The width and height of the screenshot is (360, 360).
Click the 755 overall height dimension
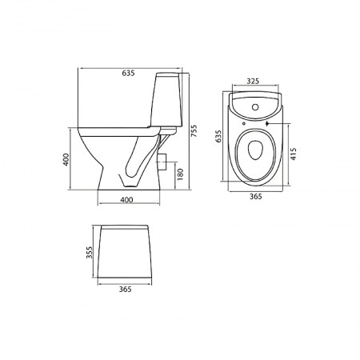[x=194, y=131]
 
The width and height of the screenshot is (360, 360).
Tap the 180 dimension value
[x=181, y=174]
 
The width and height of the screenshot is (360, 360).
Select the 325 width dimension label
[x=253, y=81]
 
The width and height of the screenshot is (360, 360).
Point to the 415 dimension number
[x=294, y=154]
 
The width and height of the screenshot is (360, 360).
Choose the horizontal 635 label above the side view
[x=128, y=73]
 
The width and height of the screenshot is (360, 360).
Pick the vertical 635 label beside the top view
[x=218, y=136]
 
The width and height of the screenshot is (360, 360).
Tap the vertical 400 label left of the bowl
[x=66, y=159]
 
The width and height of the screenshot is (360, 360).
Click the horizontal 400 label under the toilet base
[x=126, y=200]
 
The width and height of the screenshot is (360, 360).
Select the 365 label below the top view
[x=255, y=197]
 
